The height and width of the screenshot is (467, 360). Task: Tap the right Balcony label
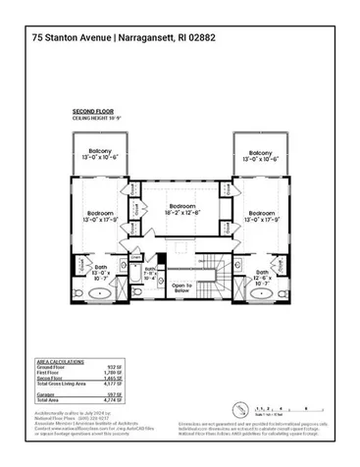(x=260, y=155)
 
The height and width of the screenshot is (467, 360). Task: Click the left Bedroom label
(x=100, y=216)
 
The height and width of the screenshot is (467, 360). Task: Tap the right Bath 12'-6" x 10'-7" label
(x=262, y=276)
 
